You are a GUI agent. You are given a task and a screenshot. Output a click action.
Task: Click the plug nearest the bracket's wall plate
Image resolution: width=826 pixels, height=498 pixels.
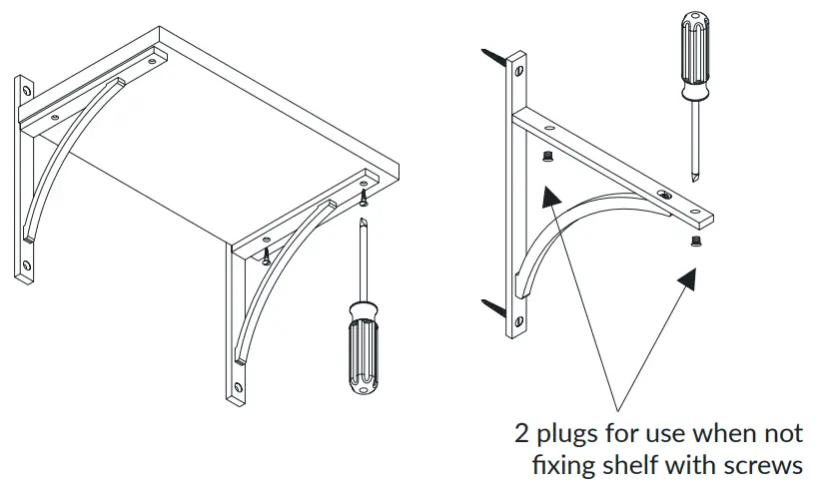click(x=546, y=157)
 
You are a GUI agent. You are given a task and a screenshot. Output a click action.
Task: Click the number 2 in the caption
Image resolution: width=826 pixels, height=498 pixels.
click(x=521, y=434)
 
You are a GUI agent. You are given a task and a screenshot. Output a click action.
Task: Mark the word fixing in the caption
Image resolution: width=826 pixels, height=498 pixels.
click(x=560, y=465)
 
